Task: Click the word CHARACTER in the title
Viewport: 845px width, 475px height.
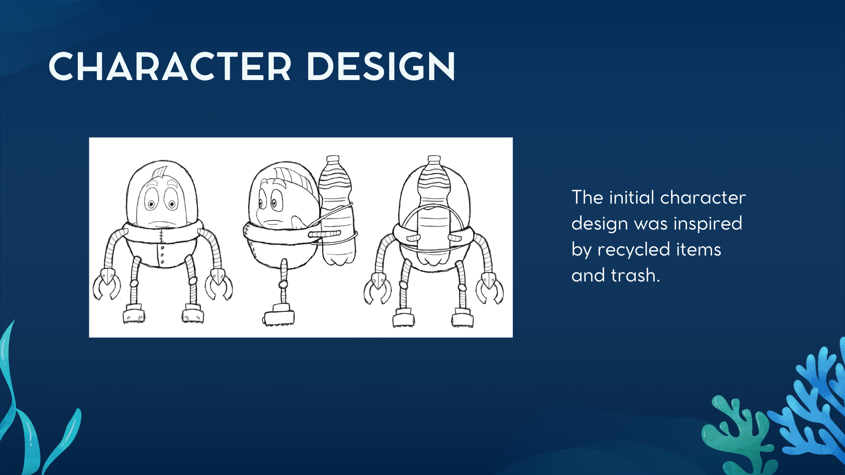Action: [170, 67]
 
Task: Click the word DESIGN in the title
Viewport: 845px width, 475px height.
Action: [381, 67]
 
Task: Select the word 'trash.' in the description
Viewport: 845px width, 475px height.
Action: [636, 275]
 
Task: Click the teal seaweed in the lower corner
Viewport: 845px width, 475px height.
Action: [26, 413]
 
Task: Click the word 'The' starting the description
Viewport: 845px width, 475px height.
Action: [587, 197]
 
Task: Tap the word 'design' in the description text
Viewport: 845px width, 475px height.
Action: [600, 224]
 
